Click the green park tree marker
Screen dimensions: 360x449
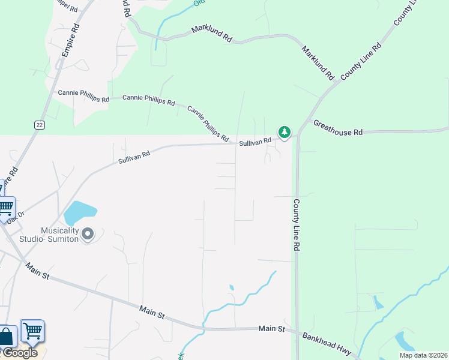284,132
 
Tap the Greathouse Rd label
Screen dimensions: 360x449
339,127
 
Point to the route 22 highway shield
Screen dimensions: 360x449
39,124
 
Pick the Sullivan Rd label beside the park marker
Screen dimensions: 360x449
255,142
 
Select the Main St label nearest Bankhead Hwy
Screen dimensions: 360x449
272,329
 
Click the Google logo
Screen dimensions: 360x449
20,353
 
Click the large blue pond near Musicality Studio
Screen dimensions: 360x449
79,212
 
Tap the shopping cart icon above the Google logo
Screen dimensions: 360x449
32,331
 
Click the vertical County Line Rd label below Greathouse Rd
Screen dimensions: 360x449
297,225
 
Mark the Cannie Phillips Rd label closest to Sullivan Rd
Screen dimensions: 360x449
208,124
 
